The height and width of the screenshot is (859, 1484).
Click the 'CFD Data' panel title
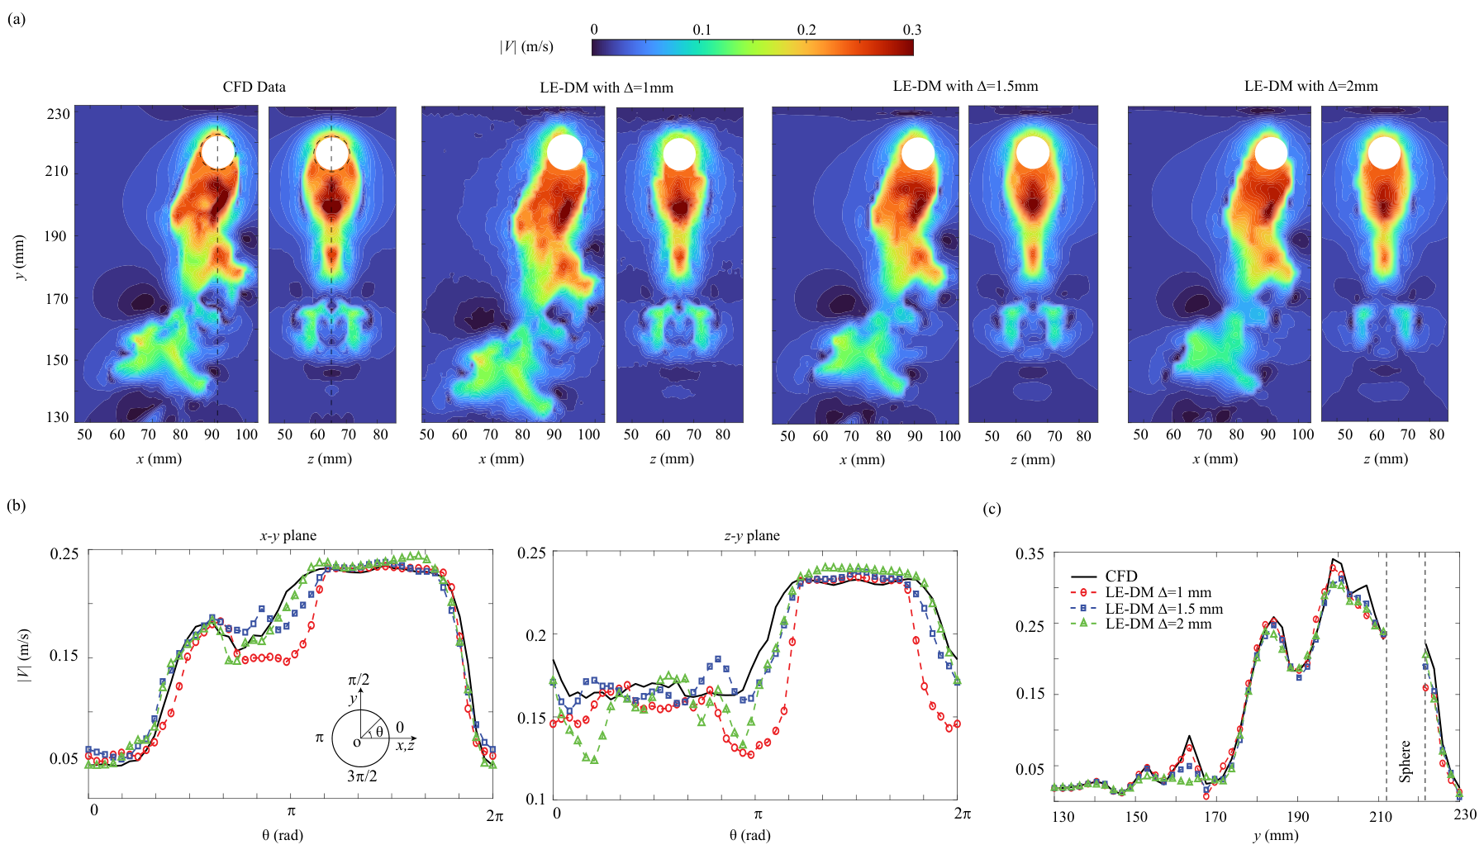click(254, 87)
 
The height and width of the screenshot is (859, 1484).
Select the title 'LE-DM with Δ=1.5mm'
click(965, 86)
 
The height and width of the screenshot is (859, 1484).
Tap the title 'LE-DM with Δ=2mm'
click(1311, 86)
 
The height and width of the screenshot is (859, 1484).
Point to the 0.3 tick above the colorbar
click(911, 30)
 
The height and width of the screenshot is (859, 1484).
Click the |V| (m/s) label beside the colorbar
click(526, 47)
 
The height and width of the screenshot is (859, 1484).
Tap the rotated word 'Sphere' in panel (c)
click(1405, 761)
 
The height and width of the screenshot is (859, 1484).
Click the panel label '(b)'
click(17, 505)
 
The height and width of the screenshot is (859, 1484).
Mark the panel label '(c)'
click(992, 508)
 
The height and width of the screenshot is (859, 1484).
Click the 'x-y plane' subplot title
click(288, 535)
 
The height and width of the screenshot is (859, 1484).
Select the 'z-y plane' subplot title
click(752, 535)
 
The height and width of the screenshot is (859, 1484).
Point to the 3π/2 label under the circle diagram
click(362, 776)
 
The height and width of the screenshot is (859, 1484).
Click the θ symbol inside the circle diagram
click(379, 731)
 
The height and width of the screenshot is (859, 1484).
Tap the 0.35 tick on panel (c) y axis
click(1030, 553)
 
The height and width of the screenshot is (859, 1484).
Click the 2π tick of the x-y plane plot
click(494, 815)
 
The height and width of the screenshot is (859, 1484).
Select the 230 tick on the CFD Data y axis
click(58, 114)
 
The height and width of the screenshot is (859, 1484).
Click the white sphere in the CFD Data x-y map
click(218, 152)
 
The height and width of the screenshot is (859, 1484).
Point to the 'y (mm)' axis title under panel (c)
click(1276, 835)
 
